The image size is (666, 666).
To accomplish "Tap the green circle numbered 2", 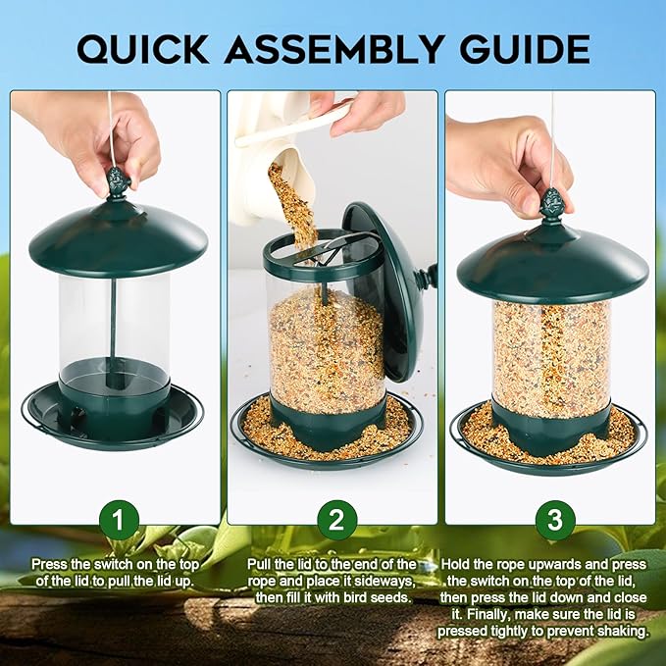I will [335, 521].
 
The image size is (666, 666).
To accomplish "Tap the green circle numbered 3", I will [554, 521].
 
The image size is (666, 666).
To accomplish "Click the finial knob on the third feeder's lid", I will [552, 204].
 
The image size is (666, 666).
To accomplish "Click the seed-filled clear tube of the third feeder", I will [551, 353].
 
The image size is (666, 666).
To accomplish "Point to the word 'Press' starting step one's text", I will [50, 565].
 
